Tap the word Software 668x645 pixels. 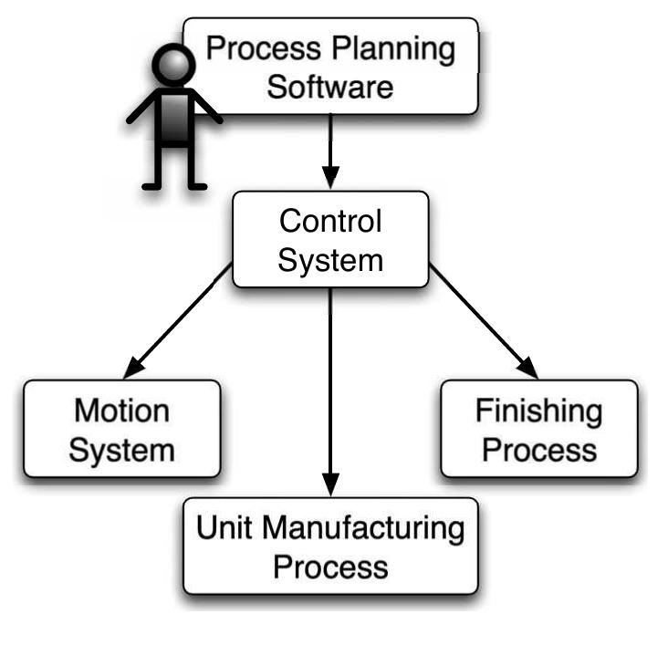pyautogui.click(x=330, y=88)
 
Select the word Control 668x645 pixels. pyautogui.click(x=329, y=222)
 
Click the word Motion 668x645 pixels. pyautogui.click(x=121, y=411)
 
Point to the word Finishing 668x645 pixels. pyautogui.click(x=538, y=411)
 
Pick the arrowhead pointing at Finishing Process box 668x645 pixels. pyautogui.click(x=527, y=367)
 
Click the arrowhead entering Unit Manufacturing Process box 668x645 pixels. pyautogui.click(x=330, y=484)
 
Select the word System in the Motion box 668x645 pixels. pyautogui.click(x=121, y=451)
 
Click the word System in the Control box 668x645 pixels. pyautogui.click(x=329, y=259)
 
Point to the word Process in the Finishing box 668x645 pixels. pyautogui.click(x=538, y=450)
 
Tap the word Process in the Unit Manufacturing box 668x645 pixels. pyautogui.click(x=330, y=567)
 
